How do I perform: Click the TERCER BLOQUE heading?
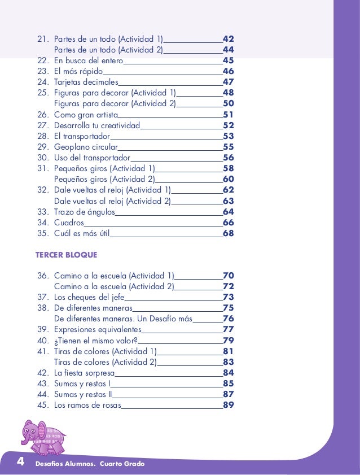[66, 255]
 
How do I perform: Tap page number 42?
[229, 40]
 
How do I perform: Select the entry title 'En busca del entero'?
[87, 61]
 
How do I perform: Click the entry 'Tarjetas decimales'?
[86, 82]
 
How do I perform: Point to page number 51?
[229, 115]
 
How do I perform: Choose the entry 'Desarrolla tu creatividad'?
[96, 125]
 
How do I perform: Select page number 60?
[229, 180]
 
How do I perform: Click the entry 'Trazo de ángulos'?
[84, 212]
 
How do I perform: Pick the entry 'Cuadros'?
[69, 223]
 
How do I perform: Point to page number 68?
[229, 233]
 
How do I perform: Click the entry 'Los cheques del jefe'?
[89, 298]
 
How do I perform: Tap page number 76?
[229, 319]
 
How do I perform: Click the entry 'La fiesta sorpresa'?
[84, 373]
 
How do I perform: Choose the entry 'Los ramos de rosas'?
[87, 406]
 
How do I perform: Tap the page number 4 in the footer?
[20, 463]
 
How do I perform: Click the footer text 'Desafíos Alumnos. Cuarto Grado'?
[90, 464]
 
